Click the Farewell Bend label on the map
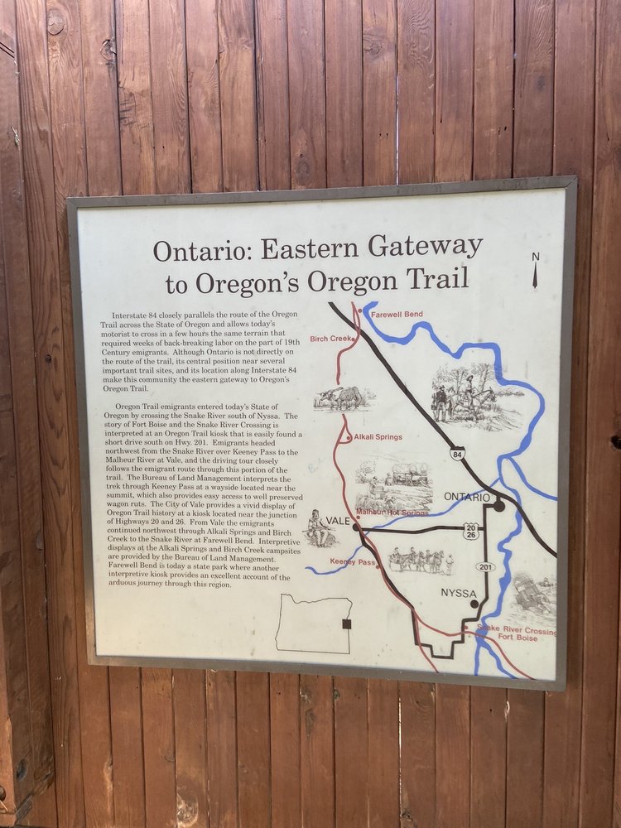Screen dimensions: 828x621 tap(397, 315)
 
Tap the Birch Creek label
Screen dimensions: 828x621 tap(331, 339)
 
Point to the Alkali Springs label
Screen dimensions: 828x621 tap(378, 436)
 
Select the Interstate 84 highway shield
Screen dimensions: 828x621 tap(457, 455)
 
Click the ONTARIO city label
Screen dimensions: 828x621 tap(467, 497)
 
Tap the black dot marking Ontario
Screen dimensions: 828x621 tap(499, 505)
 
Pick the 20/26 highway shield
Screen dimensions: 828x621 tap(471, 531)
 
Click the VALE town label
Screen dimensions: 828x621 tap(339, 520)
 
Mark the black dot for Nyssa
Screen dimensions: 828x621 tap(474, 604)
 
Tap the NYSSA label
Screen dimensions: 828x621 tap(459, 593)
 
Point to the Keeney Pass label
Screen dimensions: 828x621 tap(353, 562)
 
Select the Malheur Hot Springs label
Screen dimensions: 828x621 tap(392, 513)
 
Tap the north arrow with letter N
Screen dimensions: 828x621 tap(536, 270)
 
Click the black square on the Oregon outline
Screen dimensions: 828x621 tap(347, 623)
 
